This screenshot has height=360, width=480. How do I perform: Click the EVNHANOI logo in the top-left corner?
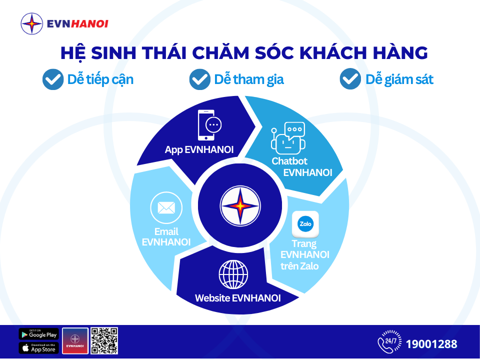click(x=64, y=23)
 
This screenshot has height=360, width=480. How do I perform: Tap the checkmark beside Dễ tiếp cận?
click(x=52, y=79)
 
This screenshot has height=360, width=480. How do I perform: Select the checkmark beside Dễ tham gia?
click(x=199, y=79)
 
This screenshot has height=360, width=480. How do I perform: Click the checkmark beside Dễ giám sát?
click(x=350, y=79)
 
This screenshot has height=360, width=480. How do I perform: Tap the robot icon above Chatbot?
click(x=288, y=137)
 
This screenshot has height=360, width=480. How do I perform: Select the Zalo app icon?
click(x=305, y=224)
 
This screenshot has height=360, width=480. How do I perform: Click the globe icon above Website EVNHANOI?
click(x=233, y=274)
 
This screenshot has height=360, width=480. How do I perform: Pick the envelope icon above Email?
click(x=166, y=207)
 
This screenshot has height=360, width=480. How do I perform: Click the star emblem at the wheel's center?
click(x=240, y=205)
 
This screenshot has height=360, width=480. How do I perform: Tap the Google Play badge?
click(x=38, y=334)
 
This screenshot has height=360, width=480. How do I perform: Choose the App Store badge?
click(x=38, y=348)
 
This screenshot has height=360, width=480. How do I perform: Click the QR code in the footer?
click(x=104, y=341)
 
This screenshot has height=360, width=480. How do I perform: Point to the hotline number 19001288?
click(x=431, y=344)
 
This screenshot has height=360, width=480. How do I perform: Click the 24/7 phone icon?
click(x=388, y=341)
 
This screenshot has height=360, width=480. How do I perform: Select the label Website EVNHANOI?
click(x=237, y=298)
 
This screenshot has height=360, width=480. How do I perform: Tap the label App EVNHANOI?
click(x=199, y=149)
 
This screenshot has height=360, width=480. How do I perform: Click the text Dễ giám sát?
click(x=399, y=79)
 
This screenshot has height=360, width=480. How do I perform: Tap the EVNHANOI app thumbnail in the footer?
click(x=75, y=341)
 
